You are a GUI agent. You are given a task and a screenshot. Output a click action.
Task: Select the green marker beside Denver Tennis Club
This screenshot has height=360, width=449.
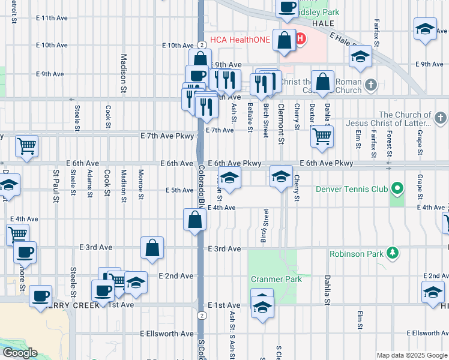point(396,190)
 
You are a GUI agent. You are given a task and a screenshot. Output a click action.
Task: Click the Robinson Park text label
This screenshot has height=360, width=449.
point(356,254)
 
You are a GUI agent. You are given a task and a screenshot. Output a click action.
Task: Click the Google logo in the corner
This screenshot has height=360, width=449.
point(20,353)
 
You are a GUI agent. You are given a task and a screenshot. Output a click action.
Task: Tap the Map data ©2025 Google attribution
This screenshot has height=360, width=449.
point(412,355)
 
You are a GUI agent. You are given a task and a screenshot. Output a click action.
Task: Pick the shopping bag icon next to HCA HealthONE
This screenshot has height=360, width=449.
point(285,41)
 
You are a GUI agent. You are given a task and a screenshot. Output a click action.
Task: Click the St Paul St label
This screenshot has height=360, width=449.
point(56,182)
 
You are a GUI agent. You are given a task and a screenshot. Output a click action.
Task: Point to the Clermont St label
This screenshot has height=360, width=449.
point(280,123)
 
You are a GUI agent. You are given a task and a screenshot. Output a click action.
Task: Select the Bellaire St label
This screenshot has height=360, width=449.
point(250,113)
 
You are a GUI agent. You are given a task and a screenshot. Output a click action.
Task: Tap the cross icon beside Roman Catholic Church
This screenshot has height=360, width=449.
point(371,85)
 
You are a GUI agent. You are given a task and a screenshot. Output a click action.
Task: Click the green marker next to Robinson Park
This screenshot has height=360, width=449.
point(392,253)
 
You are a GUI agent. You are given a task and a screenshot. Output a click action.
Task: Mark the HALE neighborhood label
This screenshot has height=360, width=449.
point(322,23)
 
